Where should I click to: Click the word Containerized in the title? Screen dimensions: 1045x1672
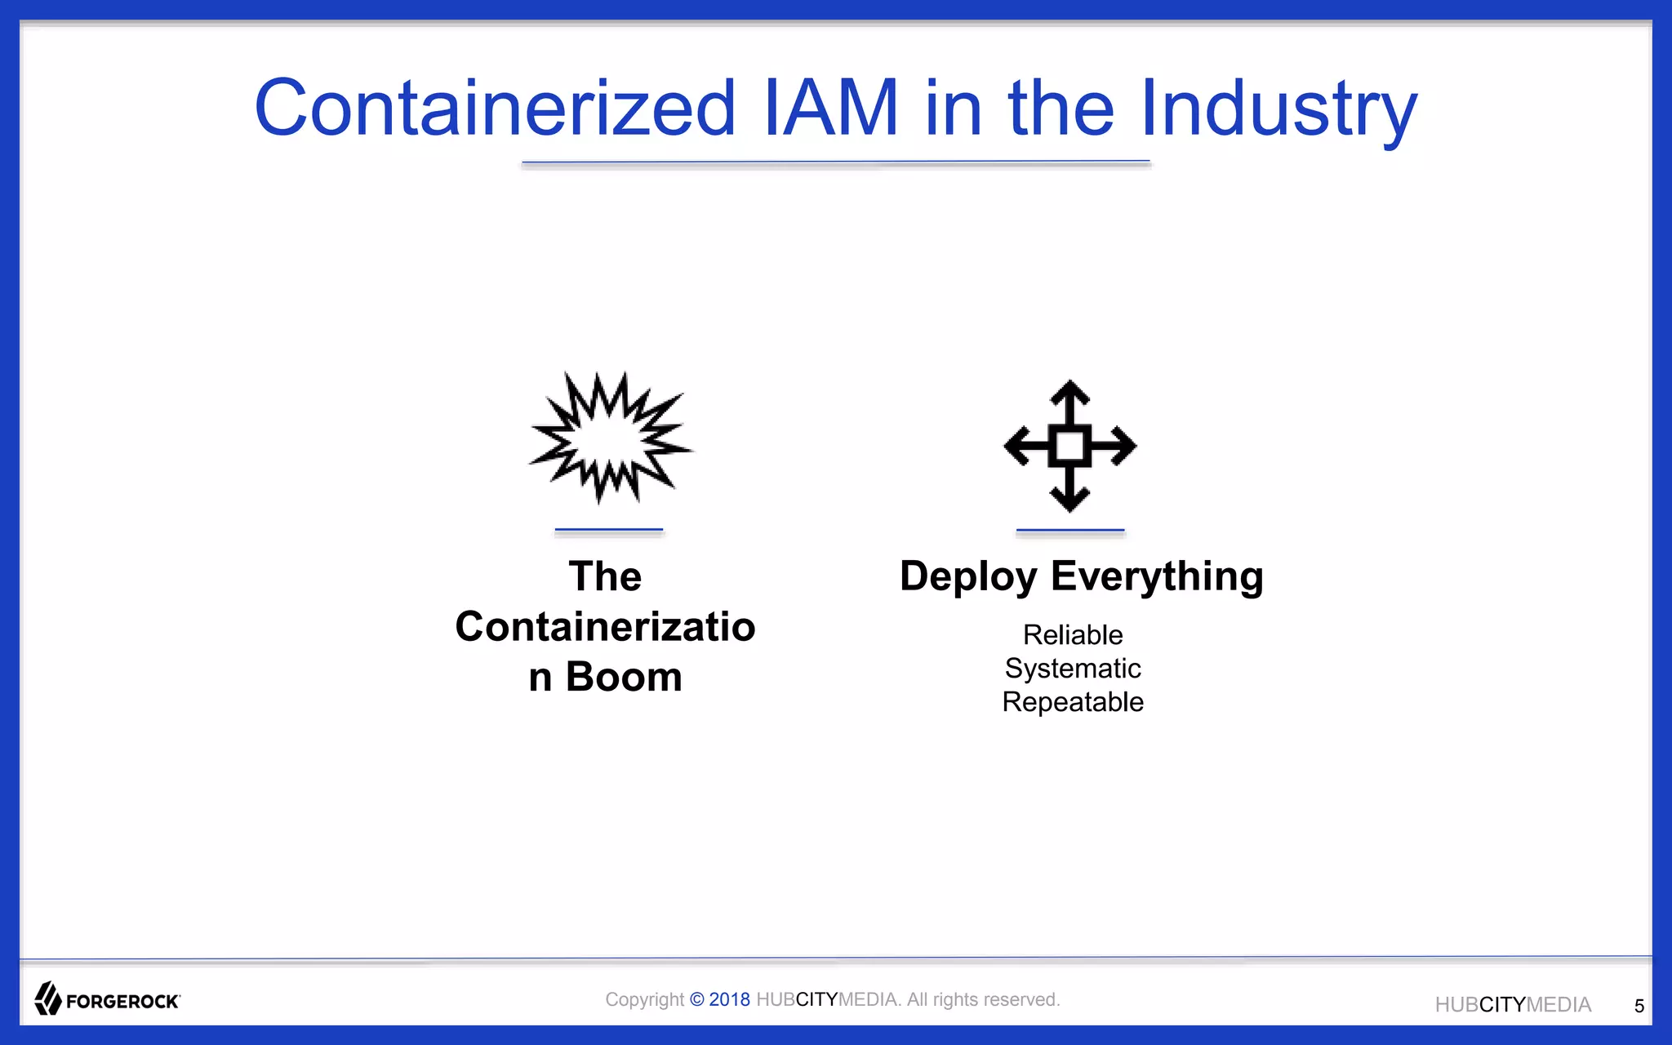[496, 108]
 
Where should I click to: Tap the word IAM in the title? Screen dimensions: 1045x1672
[830, 108]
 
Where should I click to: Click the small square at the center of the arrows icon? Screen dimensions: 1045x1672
[1069, 446]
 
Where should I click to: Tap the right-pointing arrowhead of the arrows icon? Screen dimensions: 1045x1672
[1123, 446]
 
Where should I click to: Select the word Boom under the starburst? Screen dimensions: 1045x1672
[624, 677]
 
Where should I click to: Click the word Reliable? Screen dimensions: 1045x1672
[1073, 634]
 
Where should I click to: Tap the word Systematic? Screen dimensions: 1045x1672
[1073, 669]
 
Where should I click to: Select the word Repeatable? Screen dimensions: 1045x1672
[1073, 702]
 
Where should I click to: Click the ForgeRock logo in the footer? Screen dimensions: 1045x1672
[107, 999]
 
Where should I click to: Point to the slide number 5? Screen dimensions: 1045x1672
[1639, 1006]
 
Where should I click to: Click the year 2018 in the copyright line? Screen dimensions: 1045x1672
[729, 999]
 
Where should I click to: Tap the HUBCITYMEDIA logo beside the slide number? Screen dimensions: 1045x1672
[1513, 1005]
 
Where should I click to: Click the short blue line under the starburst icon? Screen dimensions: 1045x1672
[608, 531]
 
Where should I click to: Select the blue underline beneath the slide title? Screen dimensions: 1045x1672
[836, 163]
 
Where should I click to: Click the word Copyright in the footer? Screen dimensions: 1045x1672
[644, 999]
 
